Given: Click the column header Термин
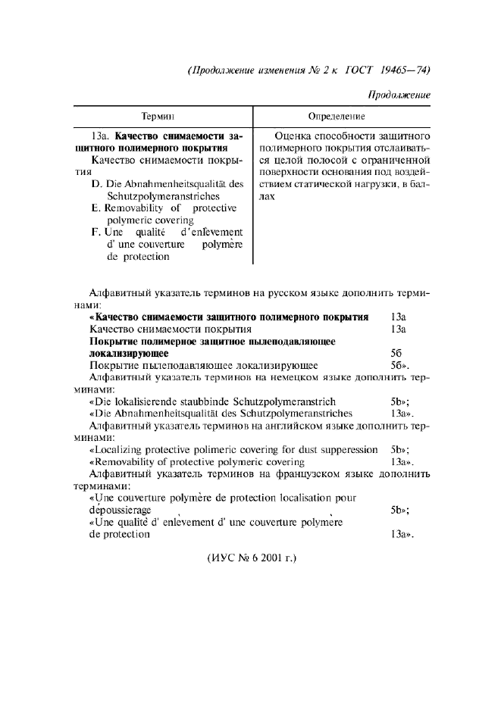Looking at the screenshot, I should pyautogui.click(x=158, y=117).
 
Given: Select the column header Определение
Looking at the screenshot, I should pyautogui.click(x=337, y=117).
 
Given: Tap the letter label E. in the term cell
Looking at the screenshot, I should pyautogui.click(x=96, y=208).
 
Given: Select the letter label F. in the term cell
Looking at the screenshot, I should pyautogui.click(x=96, y=232).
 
